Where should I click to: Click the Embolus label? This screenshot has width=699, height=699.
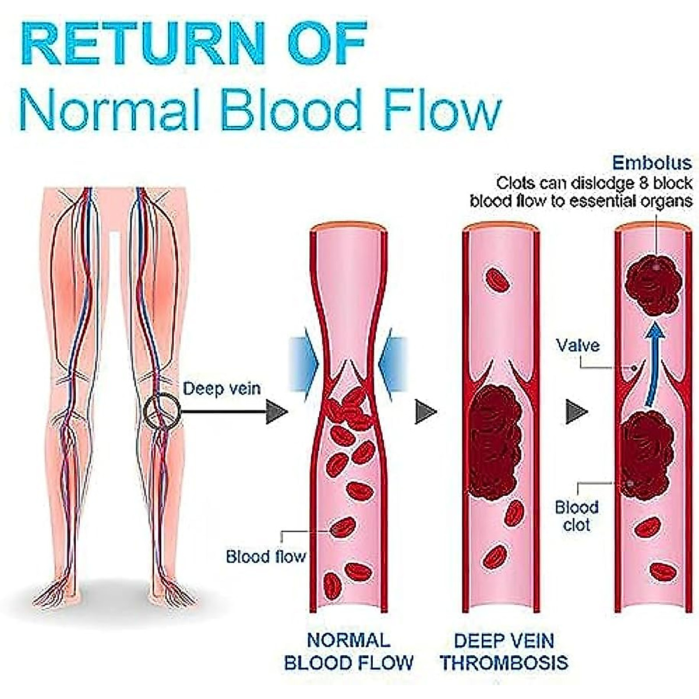[x=652, y=163]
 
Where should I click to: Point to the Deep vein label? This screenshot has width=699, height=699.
[x=222, y=389]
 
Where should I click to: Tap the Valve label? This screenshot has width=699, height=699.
[x=577, y=345]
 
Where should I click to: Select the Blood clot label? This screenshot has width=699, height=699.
[x=576, y=516]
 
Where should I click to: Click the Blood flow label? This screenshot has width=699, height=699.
[x=266, y=556]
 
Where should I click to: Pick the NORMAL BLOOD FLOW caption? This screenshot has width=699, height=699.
[x=348, y=651]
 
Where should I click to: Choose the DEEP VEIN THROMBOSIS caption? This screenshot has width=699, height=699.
[x=504, y=651]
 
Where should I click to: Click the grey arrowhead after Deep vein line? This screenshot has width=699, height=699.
[x=277, y=412]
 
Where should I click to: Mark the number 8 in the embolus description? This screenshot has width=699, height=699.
[x=645, y=184]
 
